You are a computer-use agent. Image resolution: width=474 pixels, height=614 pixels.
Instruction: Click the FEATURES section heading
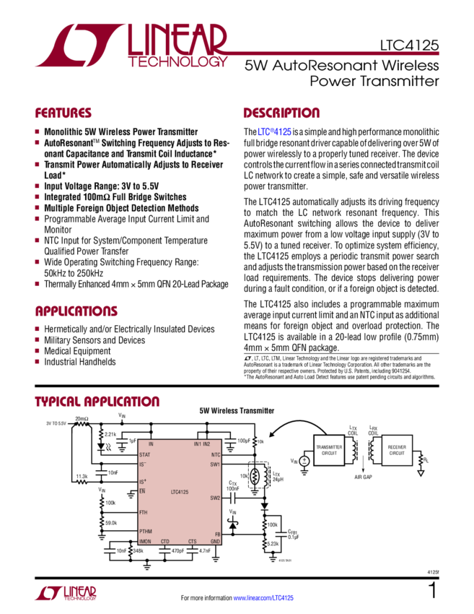tap(63, 113)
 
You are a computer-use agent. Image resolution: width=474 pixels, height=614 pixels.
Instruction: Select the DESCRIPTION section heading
tap(281, 113)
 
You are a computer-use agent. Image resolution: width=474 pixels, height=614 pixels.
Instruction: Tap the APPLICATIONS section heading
tap(76, 311)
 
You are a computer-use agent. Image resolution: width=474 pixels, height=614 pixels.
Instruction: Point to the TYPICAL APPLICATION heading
tap(97, 402)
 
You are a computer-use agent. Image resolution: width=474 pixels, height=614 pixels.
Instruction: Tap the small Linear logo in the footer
tap(66, 594)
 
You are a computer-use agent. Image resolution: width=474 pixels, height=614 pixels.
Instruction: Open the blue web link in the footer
tap(263, 598)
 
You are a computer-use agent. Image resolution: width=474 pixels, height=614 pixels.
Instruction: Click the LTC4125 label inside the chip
tap(180, 491)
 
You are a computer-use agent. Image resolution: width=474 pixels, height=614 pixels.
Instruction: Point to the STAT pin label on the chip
tap(144, 455)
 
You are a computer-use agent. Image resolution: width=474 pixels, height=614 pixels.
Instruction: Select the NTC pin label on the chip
tap(214, 455)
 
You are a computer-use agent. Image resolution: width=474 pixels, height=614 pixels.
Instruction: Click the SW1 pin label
tap(214, 464)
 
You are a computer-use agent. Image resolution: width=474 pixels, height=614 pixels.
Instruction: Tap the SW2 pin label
tap(214, 498)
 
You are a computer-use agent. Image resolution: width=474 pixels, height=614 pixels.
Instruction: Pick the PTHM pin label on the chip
tap(146, 531)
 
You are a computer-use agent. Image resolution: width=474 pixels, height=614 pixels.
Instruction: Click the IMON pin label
tap(145, 541)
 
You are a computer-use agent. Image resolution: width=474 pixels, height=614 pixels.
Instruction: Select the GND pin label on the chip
tap(214, 541)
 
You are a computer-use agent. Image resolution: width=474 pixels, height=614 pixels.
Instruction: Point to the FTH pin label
tap(143, 511)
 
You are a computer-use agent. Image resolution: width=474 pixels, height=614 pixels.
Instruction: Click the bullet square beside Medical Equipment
tap(38, 350)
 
